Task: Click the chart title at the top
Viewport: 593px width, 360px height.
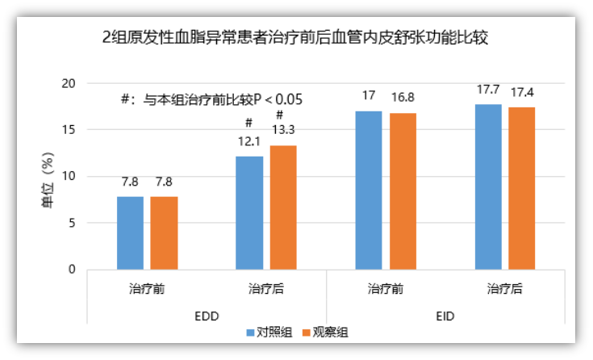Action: pyautogui.click(x=296, y=38)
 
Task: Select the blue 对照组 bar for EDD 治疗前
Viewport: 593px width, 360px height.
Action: pyautogui.click(x=130, y=232)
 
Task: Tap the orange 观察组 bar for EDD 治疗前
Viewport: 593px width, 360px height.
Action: pyautogui.click(x=164, y=232)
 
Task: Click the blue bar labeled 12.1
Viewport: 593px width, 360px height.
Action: pyautogui.click(x=249, y=212)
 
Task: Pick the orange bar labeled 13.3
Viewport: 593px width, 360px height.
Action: pyautogui.click(x=283, y=207)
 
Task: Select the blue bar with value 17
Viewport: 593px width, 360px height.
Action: pyautogui.click(x=369, y=190)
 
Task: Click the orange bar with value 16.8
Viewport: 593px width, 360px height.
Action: pyautogui.click(x=403, y=190)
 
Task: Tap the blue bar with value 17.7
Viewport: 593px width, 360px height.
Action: pyautogui.click(x=488, y=186)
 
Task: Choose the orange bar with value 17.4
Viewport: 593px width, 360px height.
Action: pyautogui.click(x=522, y=188)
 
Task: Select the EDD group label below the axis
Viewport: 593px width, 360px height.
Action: pyautogui.click(x=207, y=316)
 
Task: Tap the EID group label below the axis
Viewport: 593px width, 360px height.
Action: pyautogui.click(x=445, y=316)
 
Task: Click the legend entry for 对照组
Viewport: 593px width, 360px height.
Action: pyautogui.click(x=269, y=332)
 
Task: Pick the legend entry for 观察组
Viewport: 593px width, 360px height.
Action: pyautogui.click(x=324, y=332)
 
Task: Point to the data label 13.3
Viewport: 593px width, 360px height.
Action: pyautogui.click(x=283, y=129)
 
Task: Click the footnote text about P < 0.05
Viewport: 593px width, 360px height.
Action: pyautogui.click(x=211, y=100)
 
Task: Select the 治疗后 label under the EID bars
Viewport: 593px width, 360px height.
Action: pyautogui.click(x=504, y=288)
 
